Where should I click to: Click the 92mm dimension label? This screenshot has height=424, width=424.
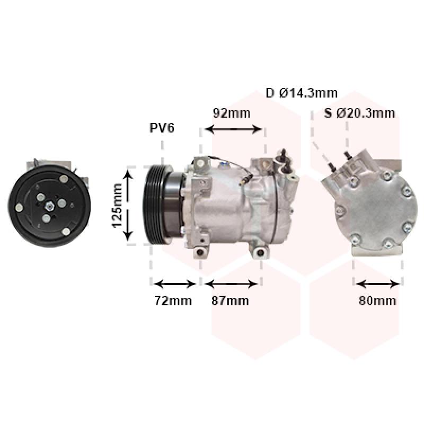(232, 113)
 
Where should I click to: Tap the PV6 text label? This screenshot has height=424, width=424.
(162, 128)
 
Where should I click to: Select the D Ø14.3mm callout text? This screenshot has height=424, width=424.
(302, 93)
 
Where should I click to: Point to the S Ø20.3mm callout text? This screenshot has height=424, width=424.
(360, 113)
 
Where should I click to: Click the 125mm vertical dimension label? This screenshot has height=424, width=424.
(117, 206)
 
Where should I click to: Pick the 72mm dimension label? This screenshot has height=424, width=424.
(173, 301)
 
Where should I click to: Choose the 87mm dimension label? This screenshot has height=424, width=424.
(231, 301)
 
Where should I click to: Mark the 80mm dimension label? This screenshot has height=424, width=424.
(377, 301)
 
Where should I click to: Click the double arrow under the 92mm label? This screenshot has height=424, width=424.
(233, 129)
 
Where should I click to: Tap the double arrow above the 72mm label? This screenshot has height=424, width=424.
(175, 284)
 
